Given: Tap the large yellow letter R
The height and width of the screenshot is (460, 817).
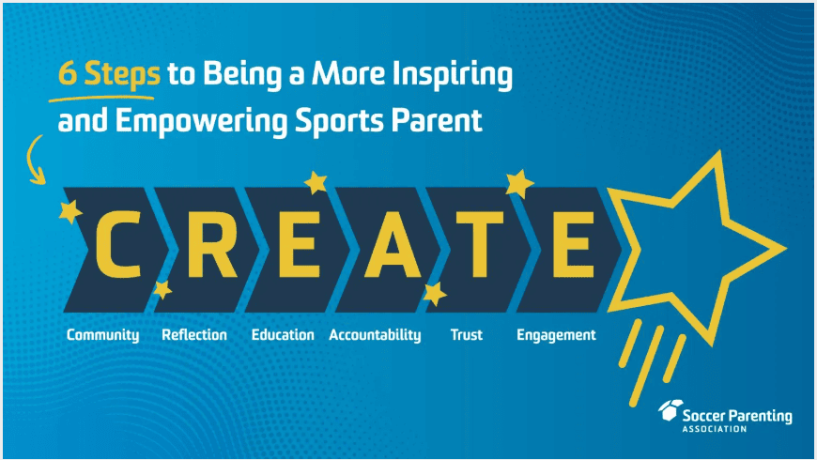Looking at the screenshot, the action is point(211,244).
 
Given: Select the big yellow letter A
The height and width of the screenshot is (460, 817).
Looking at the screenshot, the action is point(393,244).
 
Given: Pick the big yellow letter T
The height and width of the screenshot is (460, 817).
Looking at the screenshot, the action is point(480,244).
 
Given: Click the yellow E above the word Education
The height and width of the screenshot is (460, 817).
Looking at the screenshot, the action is point(299,244).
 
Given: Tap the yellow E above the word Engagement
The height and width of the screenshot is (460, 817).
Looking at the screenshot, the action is point(573,244).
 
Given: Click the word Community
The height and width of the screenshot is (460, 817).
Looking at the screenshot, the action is point(102,335).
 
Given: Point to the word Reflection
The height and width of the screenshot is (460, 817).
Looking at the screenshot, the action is point(194,334).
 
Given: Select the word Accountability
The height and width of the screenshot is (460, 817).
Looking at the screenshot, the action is point(375,335).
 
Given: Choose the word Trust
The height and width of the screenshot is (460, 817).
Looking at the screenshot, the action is point(467,334).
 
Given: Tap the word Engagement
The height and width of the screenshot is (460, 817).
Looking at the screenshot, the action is point(556,335).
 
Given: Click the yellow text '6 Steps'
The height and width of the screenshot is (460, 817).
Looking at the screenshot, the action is point(109,73).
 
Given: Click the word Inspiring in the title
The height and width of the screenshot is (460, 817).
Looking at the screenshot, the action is point(453,74).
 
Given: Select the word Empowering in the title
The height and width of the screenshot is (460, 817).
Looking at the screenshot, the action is point(201,121).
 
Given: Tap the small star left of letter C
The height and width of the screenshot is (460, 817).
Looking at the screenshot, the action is point(69,211).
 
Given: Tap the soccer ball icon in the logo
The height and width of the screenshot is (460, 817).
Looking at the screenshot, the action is point(671,410).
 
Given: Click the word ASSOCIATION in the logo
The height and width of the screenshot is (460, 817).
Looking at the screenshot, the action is point(715,429).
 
